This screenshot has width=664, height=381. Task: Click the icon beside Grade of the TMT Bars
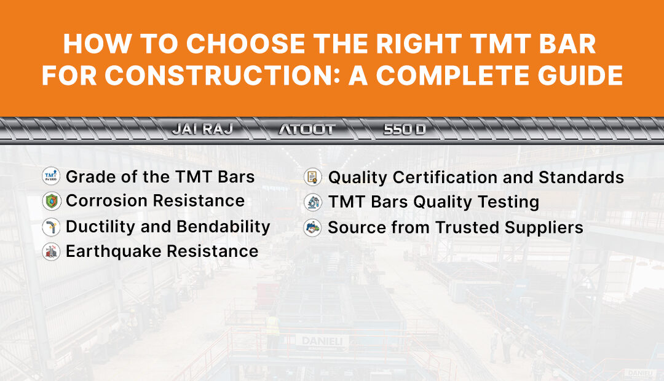pyautogui.click(x=51, y=177)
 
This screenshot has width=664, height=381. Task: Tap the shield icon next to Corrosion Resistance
pyautogui.click(x=51, y=202)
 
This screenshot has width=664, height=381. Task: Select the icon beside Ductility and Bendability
pyautogui.click(x=51, y=227)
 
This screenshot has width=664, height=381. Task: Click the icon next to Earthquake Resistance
pyautogui.click(x=51, y=251)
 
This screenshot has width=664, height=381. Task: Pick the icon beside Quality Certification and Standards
pyautogui.click(x=313, y=178)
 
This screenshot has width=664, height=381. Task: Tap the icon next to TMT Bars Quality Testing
pyautogui.click(x=313, y=202)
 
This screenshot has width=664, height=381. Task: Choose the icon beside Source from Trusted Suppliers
pyautogui.click(x=313, y=228)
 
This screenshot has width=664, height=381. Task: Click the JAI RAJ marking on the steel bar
pyautogui.click(x=202, y=130)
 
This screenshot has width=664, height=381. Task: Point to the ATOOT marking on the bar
pyautogui.click(x=307, y=130)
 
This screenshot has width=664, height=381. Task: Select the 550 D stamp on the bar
pyautogui.click(x=404, y=130)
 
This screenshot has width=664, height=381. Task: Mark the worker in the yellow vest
pyautogui.click(x=272, y=326)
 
